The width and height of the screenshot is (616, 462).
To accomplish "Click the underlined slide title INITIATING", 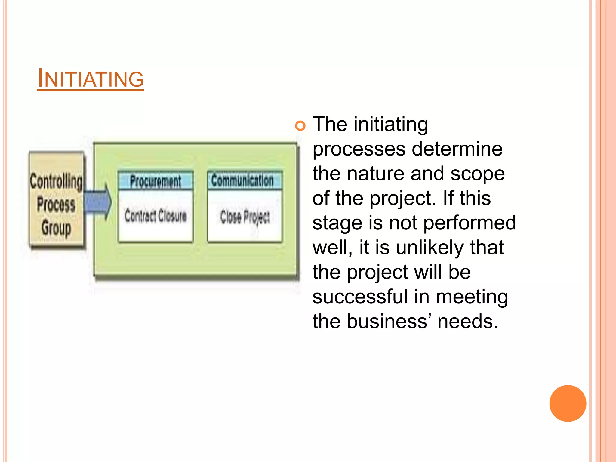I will pos(91,79).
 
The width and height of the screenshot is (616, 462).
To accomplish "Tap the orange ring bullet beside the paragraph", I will pos(300,125).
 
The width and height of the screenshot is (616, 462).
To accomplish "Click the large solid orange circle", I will pos(568,403).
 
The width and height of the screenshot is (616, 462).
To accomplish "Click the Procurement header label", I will pos(156,181).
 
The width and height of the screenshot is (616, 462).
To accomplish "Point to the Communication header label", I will pos(242,180).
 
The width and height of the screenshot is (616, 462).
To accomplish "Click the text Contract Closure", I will pos(156,216).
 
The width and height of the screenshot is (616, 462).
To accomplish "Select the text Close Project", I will pos(245,217).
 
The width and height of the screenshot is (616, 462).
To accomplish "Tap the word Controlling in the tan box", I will pos(56,182).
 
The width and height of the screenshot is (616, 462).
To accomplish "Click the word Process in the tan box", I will pos(56,205).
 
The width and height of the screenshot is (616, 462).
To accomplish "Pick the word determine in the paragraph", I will pos(457,149).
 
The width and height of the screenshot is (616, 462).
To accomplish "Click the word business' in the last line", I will pos(389,322).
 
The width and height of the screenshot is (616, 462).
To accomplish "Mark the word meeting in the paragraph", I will pos(472,297).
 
